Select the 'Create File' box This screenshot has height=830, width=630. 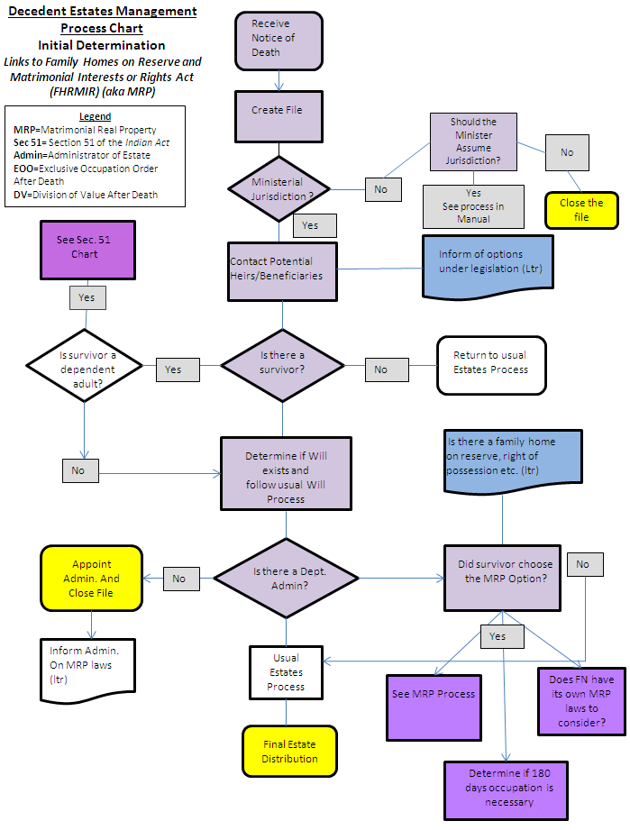coord(278,111)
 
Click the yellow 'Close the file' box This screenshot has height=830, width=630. coord(581,210)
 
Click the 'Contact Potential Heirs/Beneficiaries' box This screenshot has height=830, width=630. coord(283,269)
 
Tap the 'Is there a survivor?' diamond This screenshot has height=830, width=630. coord(282,363)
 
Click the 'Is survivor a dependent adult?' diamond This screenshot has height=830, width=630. coord(84,363)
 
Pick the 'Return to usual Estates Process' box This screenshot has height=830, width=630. coord(491,363)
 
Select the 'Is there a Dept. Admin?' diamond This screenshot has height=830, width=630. coord(286,578)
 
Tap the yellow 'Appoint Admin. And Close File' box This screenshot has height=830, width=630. coord(90,579)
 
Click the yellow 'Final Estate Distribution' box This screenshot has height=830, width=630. coord(289,752)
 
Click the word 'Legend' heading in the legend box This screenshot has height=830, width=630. coord(95,116)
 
